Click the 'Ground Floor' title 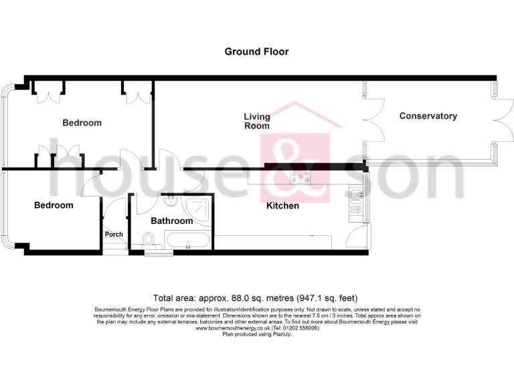(256, 51)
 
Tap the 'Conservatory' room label (428, 116)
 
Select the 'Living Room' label (256, 122)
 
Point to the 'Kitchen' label (282, 206)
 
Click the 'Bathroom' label (171, 221)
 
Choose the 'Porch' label (114, 235)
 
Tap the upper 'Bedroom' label (82, 123)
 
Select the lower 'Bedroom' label (54, 205)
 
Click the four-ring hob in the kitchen (299, 178)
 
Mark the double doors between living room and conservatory (373, 120)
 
